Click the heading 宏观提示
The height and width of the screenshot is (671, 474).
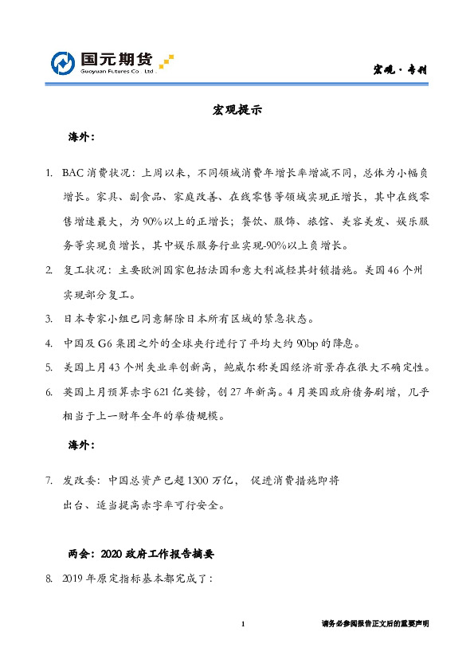(x=237, y=110)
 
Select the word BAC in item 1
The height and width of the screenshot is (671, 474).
(x=74, y=172)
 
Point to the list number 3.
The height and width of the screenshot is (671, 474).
(x=49, y=320)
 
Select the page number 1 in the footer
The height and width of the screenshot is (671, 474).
(x=243, y=625)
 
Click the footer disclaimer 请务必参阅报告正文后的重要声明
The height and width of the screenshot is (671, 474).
(x=375, y=625)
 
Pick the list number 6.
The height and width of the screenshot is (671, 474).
(x=49, y=393)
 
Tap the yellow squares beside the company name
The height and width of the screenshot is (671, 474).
(x=166, y=61)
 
